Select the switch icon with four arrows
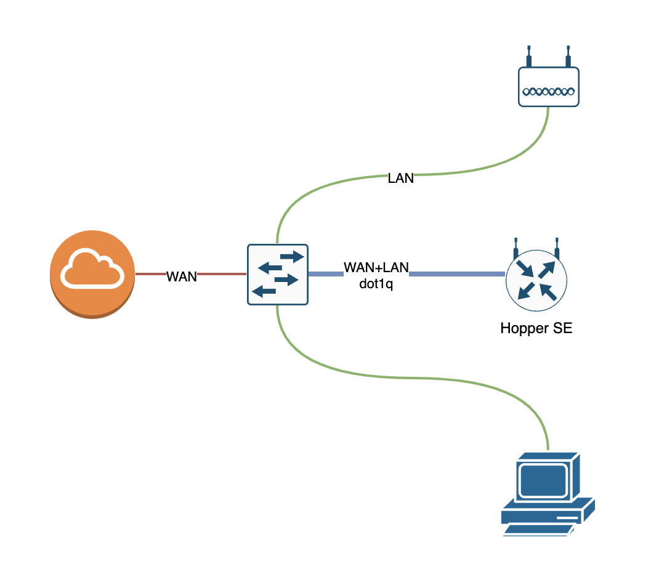(277, 274)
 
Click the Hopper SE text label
(536, 328)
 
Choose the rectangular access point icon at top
(548, 86)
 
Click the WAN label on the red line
(182, 277)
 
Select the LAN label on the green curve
(400, 179)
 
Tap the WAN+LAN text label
(376, 268)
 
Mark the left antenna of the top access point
(528, 56)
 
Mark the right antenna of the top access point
(568, 56)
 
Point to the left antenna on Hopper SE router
(515, 248)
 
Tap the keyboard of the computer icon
(536, 528)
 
